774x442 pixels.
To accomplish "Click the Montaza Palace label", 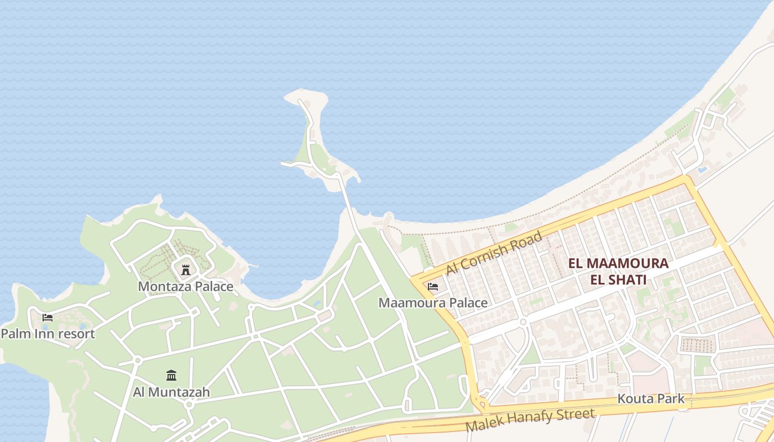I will pos(185,286).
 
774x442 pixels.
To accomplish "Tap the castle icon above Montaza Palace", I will pos(186,270).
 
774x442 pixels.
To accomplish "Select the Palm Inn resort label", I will pos(48,334).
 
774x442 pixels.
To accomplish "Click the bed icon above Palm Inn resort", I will pos(48,318).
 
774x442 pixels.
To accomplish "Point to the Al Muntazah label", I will pos(171,392).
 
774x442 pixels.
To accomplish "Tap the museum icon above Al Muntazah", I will pos(171,376).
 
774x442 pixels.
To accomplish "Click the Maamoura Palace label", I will pos(433,303).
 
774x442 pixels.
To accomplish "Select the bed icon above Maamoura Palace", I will pos(433,286).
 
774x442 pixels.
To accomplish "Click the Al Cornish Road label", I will pos(494,253).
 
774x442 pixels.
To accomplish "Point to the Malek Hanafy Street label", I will pos(530,420).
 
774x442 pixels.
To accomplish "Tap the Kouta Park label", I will pos(651,398).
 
